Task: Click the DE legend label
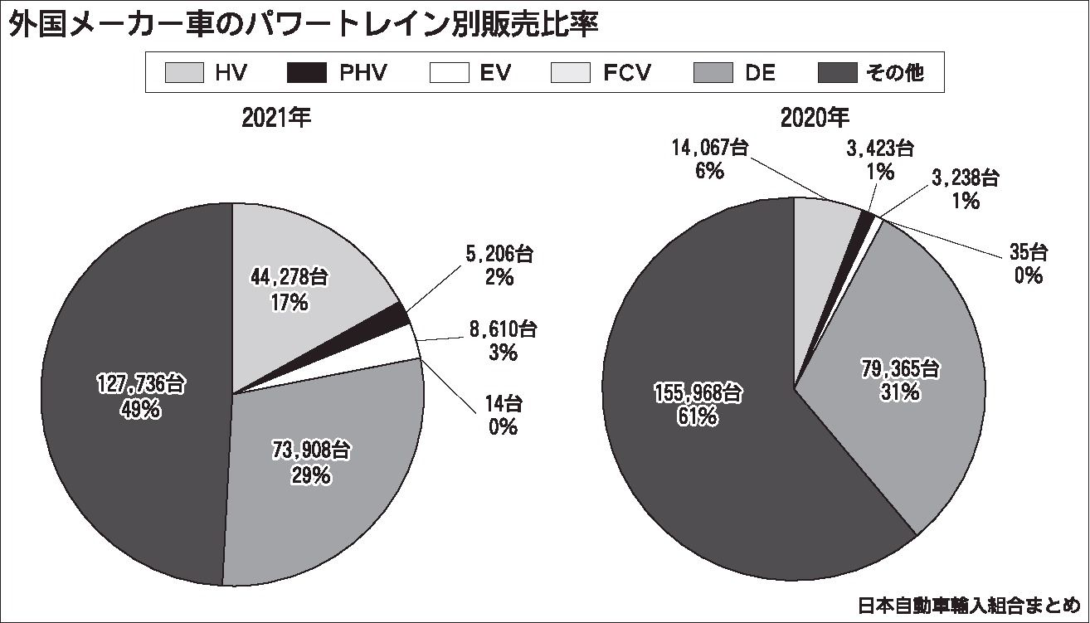[x=760, y=73]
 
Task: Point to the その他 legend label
[x=895, y=73]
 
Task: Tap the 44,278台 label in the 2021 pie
[x=290, y=278]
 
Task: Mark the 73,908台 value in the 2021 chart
[x=311, y=451]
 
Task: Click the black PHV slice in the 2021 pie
[x=398, y=314]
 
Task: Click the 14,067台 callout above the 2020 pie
[x=709, y=148]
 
